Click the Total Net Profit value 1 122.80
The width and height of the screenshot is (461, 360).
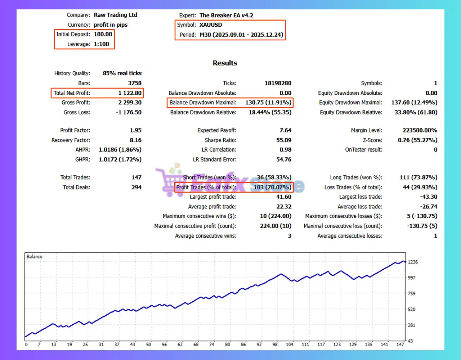[x=130, y=93]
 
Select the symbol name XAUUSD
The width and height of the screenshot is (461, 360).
[x=211, y=25]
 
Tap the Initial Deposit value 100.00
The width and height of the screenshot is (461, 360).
[x=103, y=34]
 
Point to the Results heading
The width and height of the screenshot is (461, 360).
[x=225, y=63]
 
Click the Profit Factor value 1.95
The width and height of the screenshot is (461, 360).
[x=135, y=130]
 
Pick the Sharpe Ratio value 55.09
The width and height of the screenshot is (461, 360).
[x=283, y=140]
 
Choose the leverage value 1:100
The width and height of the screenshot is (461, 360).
[x=101, y=44]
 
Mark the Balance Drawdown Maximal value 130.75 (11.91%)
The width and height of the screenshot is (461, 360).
[x=268, y=103]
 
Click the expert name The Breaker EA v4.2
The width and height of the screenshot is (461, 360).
[x=226, y=15]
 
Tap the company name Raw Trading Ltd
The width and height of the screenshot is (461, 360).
[x=115, y=15]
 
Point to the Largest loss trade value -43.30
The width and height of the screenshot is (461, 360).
[x=428, y=197]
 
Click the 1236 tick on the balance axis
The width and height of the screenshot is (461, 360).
[x=413, y=262]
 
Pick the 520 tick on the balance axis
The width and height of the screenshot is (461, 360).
[x=411, y=309]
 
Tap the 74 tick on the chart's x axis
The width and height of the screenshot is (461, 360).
[x=212, y=345]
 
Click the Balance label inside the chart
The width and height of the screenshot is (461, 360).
[x=34, y=257]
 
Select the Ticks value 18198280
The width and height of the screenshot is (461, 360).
[x=278, y=83]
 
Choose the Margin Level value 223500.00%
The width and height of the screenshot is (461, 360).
[x=420, y=130]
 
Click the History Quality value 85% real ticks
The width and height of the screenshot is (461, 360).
[x=122, y=73]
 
